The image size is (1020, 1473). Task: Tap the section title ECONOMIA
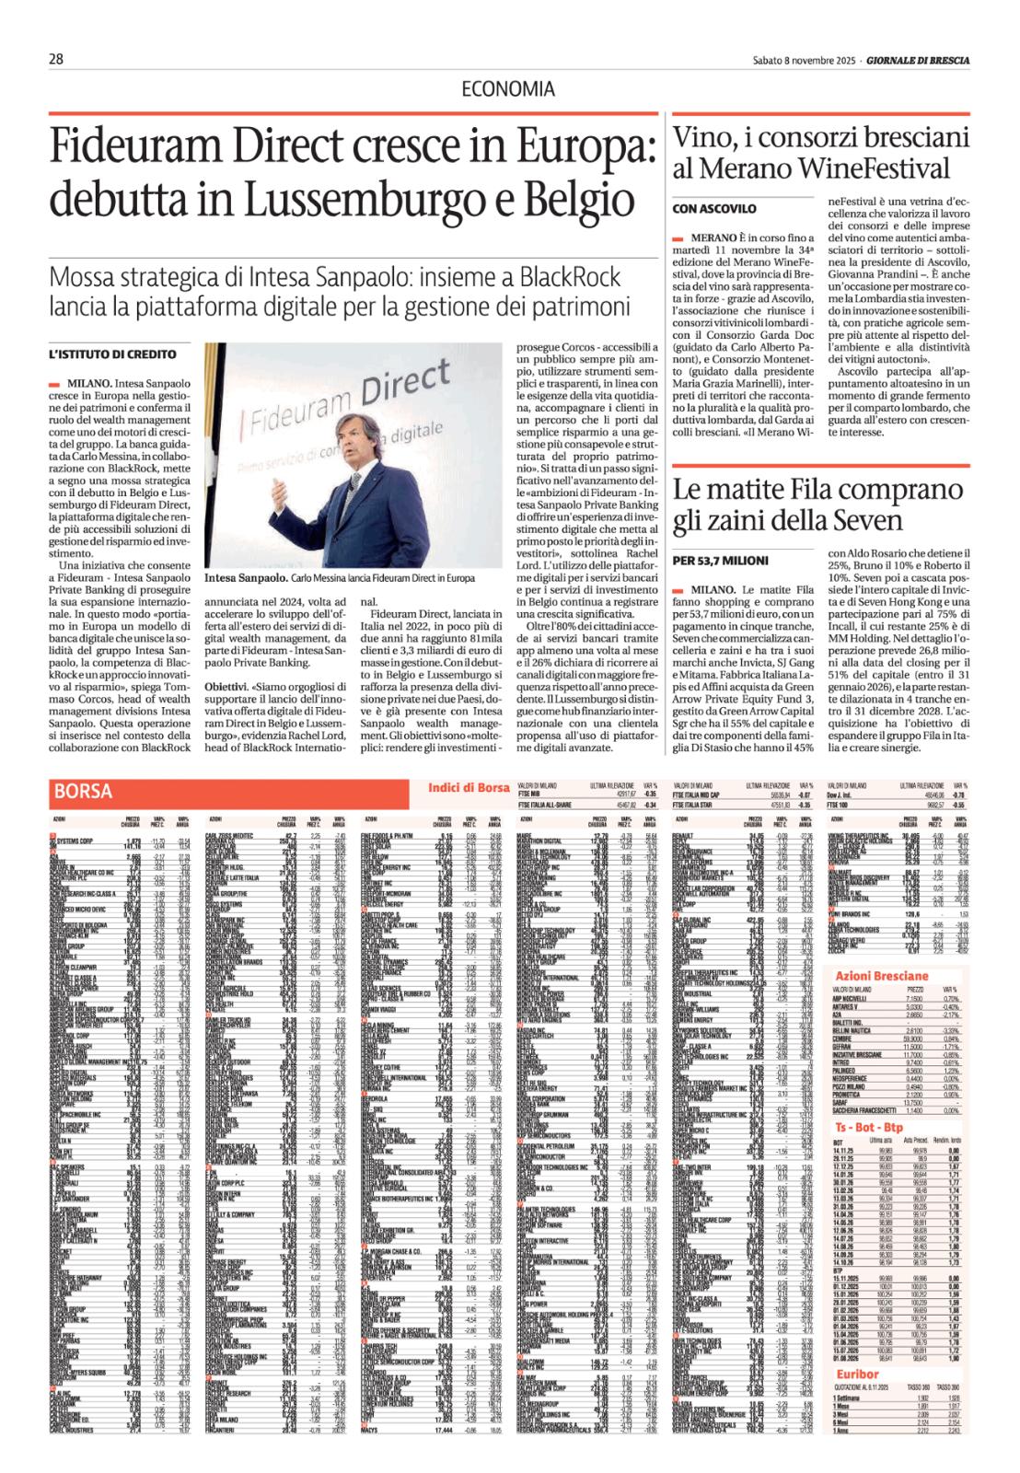508,89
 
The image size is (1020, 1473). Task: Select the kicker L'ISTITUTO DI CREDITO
112,354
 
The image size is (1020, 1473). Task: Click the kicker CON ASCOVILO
714,209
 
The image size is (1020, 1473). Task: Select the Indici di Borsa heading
469,786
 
